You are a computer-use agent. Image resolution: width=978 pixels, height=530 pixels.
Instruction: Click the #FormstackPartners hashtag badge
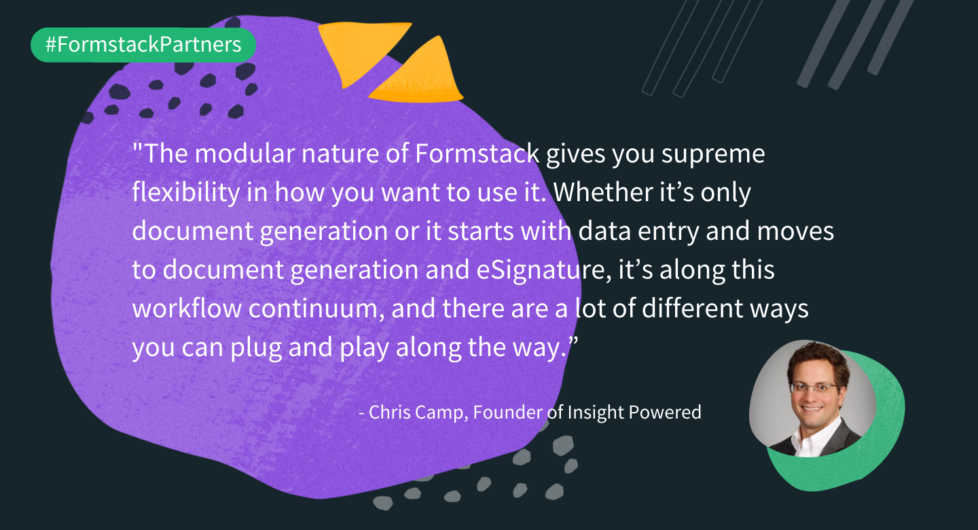pos(143,45)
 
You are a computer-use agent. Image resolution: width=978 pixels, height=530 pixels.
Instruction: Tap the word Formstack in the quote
pos(477,154)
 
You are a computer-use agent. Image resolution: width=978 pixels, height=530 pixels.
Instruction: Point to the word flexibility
pos(185,192)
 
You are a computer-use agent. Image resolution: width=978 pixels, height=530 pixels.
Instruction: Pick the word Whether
pos(603,192)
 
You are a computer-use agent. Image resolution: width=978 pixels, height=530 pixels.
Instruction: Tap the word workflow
pos(187,308)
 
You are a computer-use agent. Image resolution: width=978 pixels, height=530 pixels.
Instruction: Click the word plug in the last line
pos(256,348)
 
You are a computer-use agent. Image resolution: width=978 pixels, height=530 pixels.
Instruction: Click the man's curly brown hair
pos(816,358)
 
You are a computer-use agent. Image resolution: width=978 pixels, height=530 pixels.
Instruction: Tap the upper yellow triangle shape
pos(360,50)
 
